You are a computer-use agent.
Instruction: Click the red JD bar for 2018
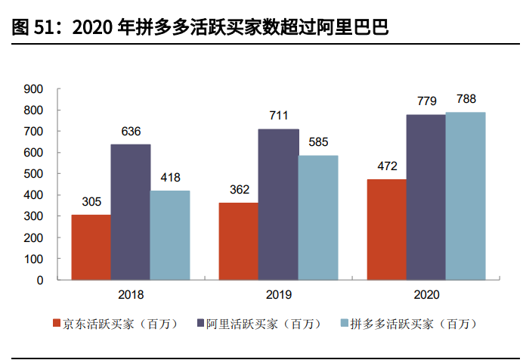pos(91,247)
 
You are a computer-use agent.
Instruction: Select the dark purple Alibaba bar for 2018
pos(130,212)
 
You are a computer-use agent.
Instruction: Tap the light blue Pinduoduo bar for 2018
pos(169,235)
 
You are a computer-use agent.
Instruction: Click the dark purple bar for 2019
pos(278,204)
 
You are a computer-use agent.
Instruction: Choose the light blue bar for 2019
pos(317,218)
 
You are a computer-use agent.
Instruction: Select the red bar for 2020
pos(386,229)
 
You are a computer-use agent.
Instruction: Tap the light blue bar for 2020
pos(466,196)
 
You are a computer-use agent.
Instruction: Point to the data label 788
pos(466,99)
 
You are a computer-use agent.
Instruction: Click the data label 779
pos(425,101)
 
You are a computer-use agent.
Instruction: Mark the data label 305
pos(91,202)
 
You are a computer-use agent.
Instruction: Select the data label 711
pos(278,116)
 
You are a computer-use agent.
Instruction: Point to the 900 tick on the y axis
pos(34,89)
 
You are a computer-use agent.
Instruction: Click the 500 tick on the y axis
pos(34,174)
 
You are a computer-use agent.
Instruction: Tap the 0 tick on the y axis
pos(40,280)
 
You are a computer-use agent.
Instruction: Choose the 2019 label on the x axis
pos(278,295)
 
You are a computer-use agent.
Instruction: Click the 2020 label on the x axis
pos(425,295)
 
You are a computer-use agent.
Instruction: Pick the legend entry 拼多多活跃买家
pos(408,324)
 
